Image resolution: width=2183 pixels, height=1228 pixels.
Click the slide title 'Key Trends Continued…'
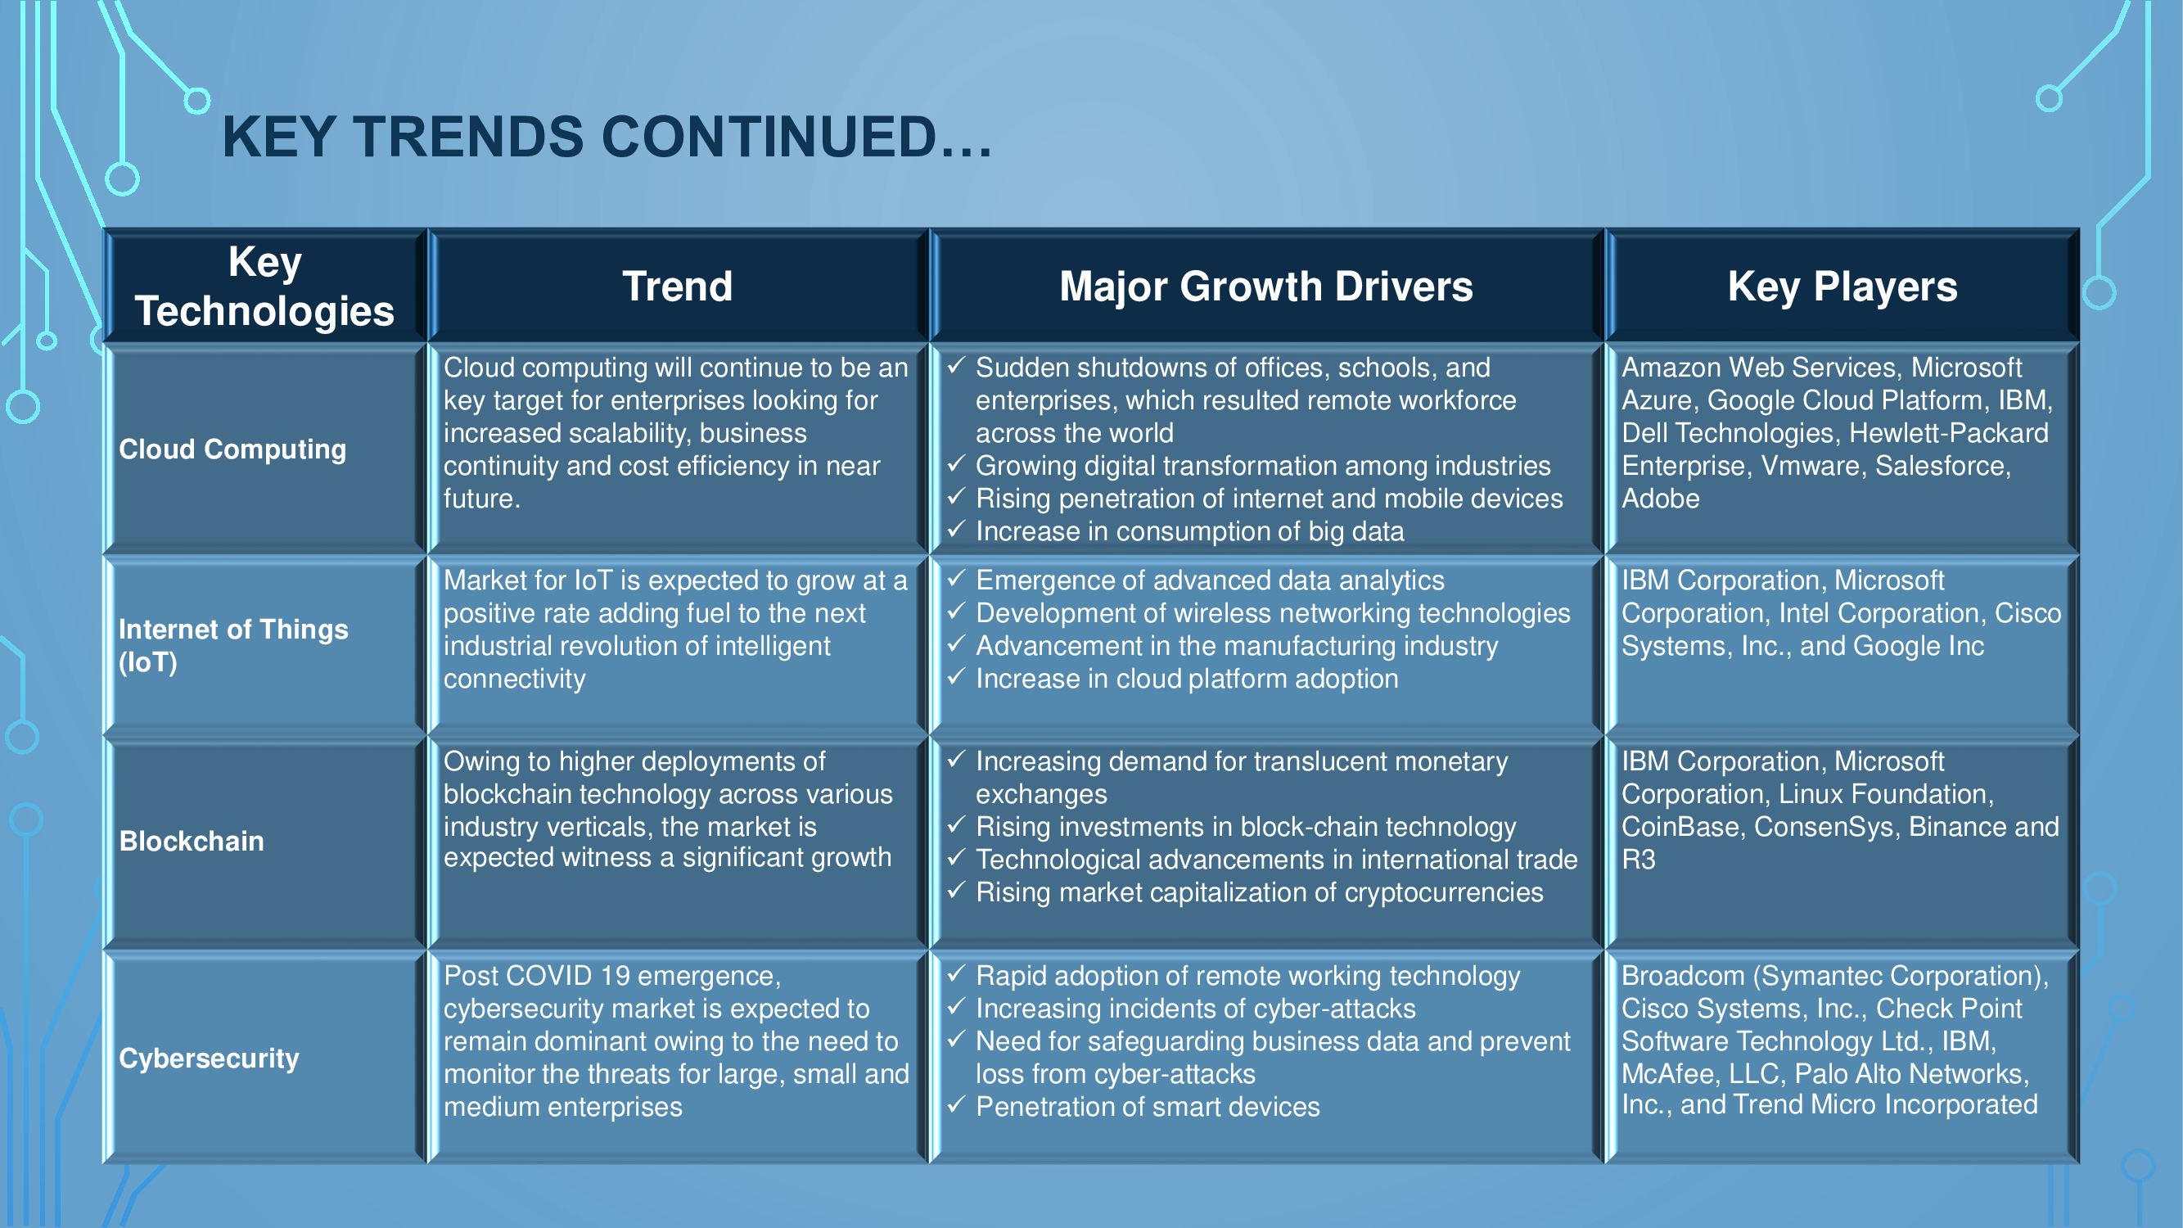pos(607,138)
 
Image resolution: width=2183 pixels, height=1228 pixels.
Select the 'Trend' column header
pos(677,287)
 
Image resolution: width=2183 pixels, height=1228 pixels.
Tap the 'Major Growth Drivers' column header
pos(1266,287)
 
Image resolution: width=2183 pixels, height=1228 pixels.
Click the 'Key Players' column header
pos(1842,287)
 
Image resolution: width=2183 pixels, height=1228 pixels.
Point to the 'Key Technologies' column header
pos(264,287)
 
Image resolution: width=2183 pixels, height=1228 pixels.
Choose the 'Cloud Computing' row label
pos(232,449)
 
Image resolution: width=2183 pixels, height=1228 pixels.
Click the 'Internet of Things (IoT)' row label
pos(233,646)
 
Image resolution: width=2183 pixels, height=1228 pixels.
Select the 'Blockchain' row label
pos(192,841)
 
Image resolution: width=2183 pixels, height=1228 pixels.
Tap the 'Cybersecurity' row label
pos(210,1058)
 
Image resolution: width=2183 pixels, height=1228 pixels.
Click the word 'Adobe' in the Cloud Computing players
pos(1660,499)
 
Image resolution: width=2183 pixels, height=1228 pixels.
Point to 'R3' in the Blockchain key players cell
pos(1638,860)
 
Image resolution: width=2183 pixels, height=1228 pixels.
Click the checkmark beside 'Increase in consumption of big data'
pos(956,530)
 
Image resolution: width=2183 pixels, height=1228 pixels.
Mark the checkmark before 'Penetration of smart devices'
pos(956,1105)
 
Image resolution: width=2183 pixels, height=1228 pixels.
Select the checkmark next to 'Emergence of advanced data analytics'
pos(956,579)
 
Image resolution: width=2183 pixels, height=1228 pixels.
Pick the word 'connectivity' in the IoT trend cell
pos(514,679)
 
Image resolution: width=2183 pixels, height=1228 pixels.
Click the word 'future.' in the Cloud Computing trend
pos(481,499)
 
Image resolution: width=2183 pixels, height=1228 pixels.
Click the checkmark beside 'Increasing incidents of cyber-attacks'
pos(956,1007)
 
